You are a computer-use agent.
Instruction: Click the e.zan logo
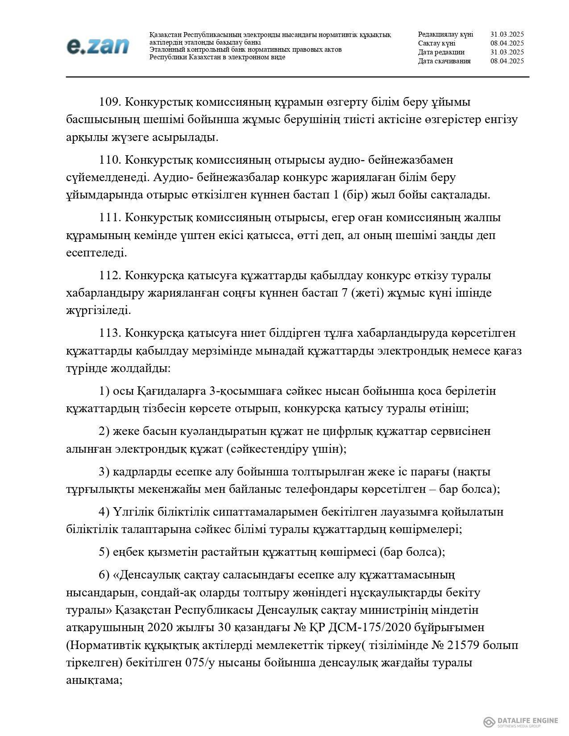[x=98, y=46]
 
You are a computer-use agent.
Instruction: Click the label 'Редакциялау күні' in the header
[x=445, y=34]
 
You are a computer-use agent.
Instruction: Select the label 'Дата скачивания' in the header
[x=444, y=61]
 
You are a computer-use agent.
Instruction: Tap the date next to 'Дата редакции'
[x=507, y=52]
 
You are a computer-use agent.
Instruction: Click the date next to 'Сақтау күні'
[x=507, y=43]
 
